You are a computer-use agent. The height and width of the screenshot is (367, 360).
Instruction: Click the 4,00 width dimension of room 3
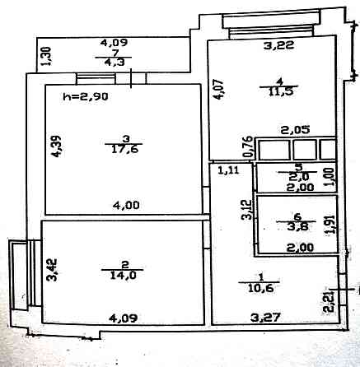(x=126, y=206)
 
